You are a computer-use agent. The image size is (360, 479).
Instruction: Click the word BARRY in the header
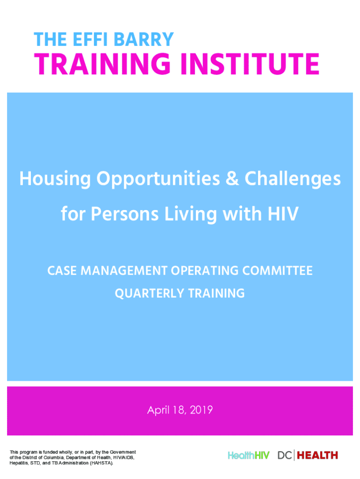[x=143, y=39]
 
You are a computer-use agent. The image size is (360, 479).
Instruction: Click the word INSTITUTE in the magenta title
[x=250, y=64]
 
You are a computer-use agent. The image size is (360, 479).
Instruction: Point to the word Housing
[x=55, y=179]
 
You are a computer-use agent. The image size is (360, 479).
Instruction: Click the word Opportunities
[x=158, y=179]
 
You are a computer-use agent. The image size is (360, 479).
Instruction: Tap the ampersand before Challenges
[x=232, y=178]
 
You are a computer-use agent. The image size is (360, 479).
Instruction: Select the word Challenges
[x=293, y=179]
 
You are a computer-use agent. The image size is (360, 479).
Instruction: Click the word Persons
[x=125, y=213]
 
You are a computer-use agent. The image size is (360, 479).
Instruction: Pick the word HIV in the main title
[x=283, y=213]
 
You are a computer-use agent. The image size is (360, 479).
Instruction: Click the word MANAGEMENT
[x=124, y=271]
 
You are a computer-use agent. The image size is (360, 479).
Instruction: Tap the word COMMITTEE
[x=277, y=271]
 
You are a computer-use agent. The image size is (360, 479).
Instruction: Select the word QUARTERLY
[x=149, y=293]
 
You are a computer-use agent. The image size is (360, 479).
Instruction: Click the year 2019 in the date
[x=201, y=410]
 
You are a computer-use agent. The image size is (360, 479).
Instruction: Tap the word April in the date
[x=158, y=410]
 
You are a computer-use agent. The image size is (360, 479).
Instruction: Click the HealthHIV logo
[x=249, y=456]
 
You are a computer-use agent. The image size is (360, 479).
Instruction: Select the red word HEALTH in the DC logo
[x=317, y=456]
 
